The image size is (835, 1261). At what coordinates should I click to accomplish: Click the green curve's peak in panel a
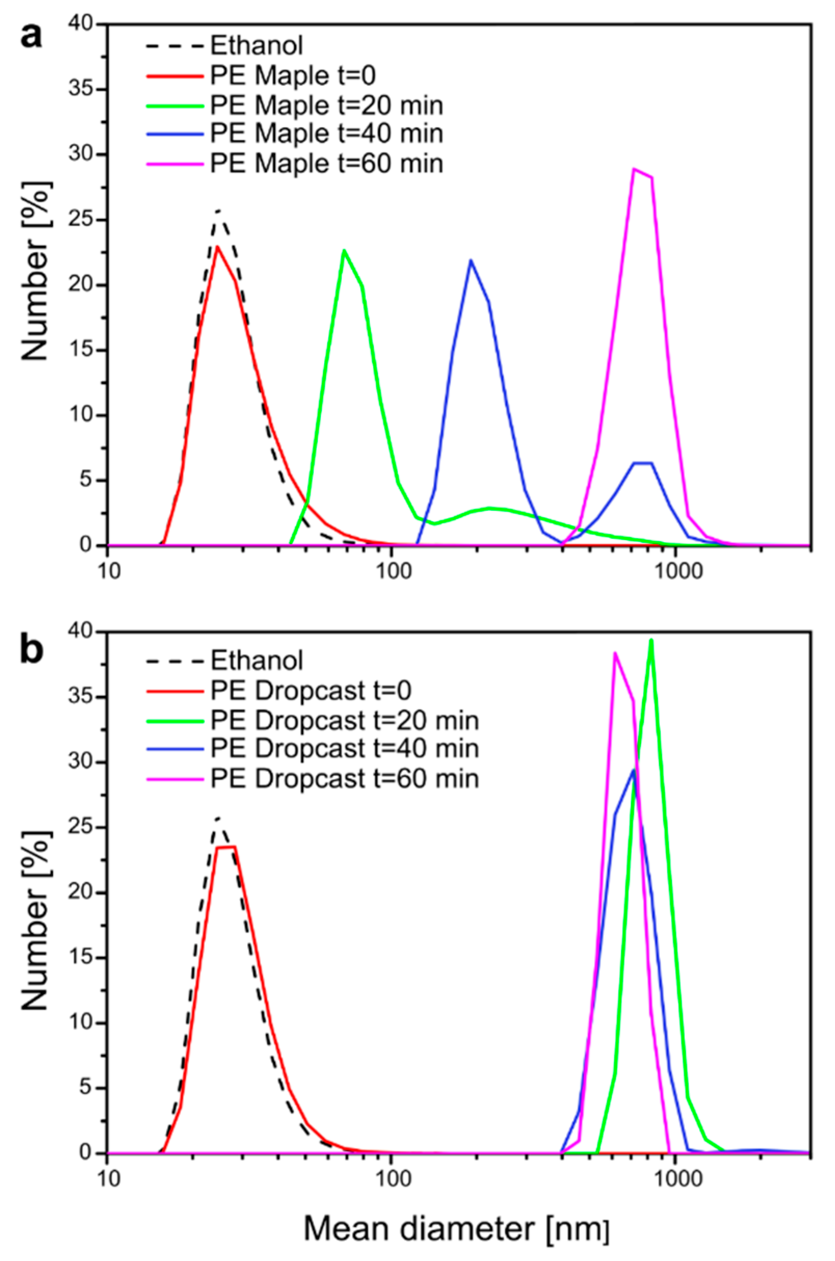pos(345,250)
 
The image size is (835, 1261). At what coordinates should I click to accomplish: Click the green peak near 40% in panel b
pos(651,641)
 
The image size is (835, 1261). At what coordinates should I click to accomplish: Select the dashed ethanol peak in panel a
pos(218,210)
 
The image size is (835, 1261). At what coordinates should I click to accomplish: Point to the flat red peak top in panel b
pos(226,846)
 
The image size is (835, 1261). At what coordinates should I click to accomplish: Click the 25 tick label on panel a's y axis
pos(80,220)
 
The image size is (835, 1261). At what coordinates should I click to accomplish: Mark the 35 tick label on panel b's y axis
pos(80,697)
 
